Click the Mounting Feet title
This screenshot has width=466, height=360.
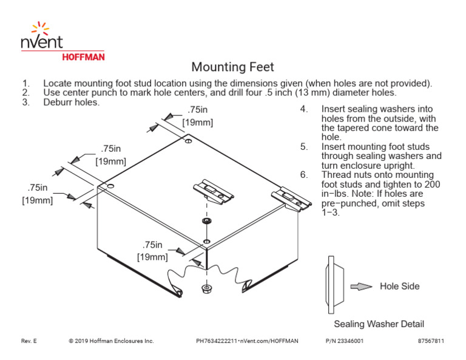[x=232, y=67]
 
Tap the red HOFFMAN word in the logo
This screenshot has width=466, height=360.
[x=84, y=57]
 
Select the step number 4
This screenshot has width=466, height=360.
[x=303, y=110]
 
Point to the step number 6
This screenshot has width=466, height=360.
[x=303, y=175]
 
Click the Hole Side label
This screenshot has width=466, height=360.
[x=399, y=286]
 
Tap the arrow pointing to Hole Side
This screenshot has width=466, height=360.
[x=362, y=287]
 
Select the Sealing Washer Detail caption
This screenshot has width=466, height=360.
[x=379, y=324]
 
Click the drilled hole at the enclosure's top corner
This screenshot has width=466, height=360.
[x=189, y=141]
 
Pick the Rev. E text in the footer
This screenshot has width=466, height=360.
[x=29, y=341]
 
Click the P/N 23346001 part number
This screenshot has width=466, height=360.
[x=344, y=341]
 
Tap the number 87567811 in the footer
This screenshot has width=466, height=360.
[x=431, y=341]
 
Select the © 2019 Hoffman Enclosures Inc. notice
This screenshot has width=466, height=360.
[x=112, y=341]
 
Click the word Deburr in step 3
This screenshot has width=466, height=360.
[x=58, y=102]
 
